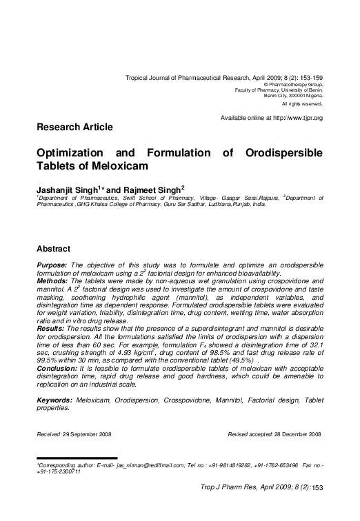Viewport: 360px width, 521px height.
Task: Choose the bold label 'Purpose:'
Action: (52, 265)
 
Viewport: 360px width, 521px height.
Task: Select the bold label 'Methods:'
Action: (52, 281)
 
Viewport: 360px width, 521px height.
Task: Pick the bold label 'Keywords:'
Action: (54, 399)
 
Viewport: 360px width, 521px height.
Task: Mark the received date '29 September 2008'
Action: (85, 434)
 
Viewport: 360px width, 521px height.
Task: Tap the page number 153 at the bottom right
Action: (318, 488)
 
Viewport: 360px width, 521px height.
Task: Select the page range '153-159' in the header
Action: (308, 79)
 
